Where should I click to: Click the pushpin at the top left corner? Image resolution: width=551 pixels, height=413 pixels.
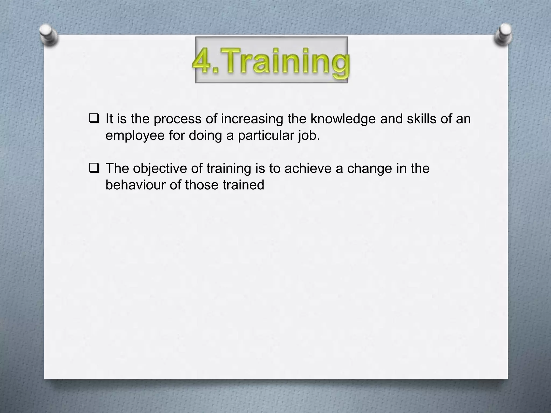point(48,35)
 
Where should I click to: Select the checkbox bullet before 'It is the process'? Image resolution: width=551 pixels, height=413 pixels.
point(94,119)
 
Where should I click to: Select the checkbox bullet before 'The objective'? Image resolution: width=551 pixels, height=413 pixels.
point(94,168)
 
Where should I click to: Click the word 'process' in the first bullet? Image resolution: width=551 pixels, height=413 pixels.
point(177,119)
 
